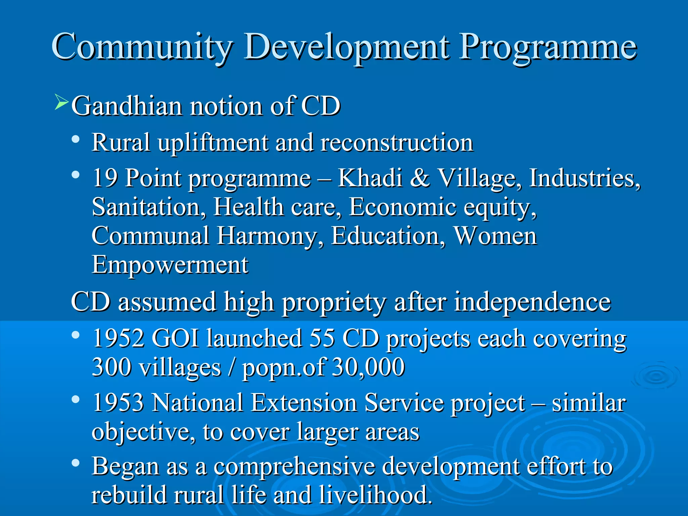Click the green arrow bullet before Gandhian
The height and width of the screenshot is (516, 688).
click(61, 102)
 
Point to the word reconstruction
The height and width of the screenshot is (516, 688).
click(397, 143)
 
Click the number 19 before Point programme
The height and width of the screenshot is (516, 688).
click(104, 178)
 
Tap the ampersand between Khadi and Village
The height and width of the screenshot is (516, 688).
click(420, 178)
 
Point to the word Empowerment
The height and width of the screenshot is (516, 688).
click(170, 265)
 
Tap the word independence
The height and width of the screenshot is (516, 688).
click(532, 302)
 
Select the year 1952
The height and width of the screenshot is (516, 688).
click(118, 338)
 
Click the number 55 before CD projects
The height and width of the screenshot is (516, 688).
click(322, 338)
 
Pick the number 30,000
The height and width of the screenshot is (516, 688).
click(368, 368)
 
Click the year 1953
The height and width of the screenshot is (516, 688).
click(118, 403)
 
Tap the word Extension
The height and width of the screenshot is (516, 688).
click(304, 403)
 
